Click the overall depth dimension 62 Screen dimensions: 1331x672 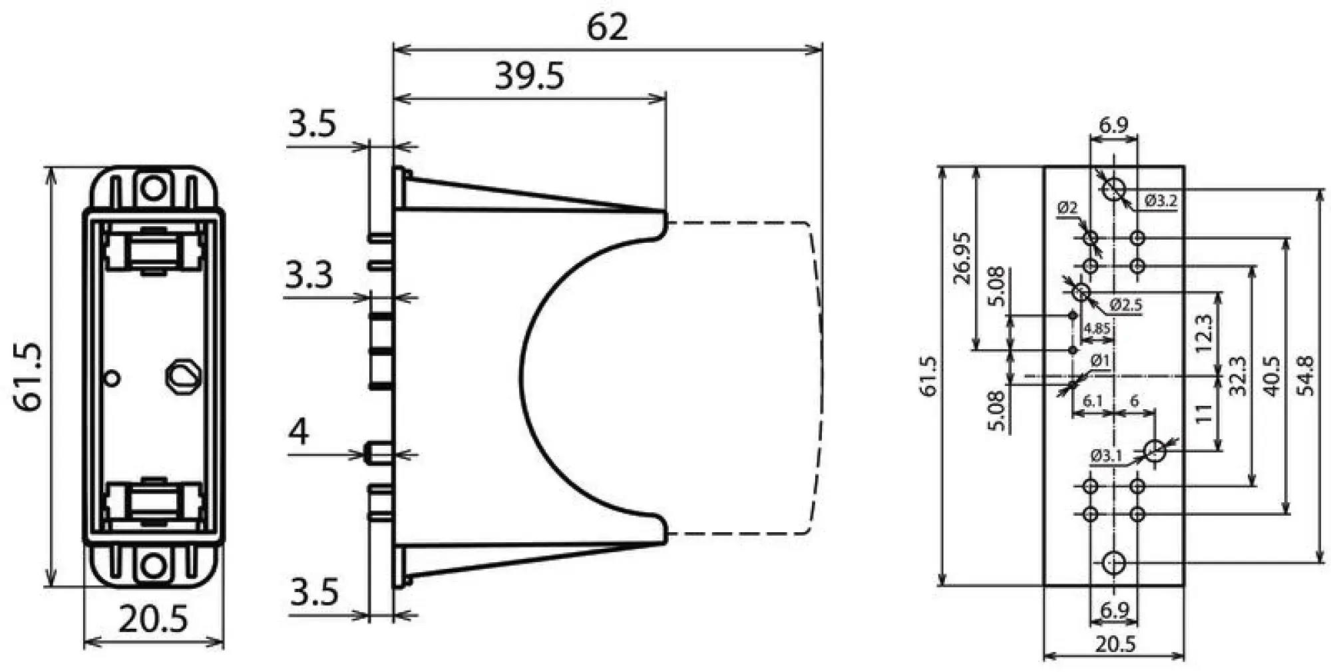pos(607,28)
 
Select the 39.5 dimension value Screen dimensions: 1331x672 pos(529,76)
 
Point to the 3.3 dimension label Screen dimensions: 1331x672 pos(309,274)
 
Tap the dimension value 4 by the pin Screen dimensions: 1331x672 pos(298,432)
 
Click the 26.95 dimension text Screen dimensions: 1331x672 pos(962,258)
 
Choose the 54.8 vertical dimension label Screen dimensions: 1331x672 pos(1306,376)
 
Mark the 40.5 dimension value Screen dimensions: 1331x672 pos(1271,377)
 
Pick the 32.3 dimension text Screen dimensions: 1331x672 pos(1236,377)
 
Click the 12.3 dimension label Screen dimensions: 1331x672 pos(1203,333)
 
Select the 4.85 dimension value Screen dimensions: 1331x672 pos(1096,328)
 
